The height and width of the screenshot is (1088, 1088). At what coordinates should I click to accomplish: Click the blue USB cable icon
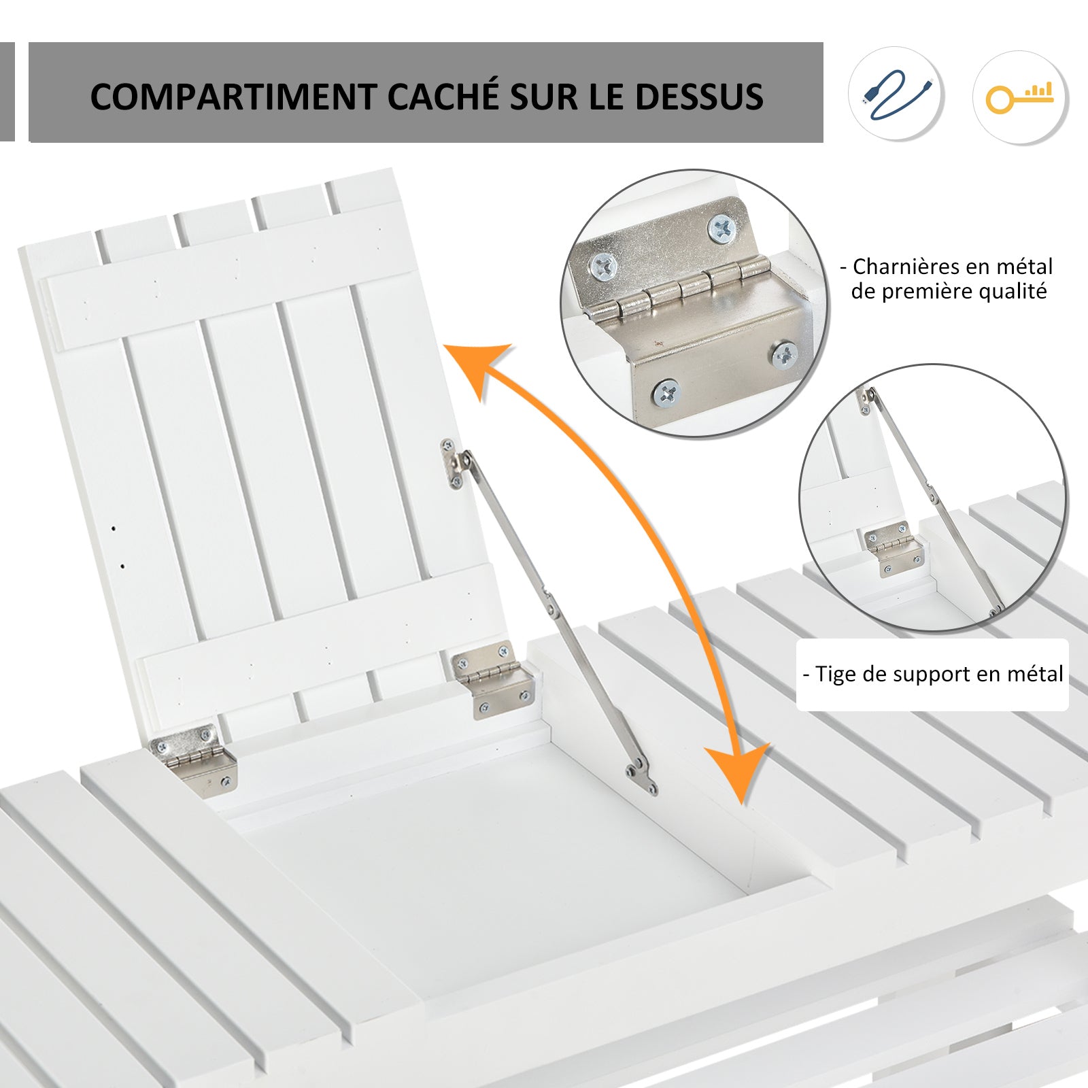coord(897,95)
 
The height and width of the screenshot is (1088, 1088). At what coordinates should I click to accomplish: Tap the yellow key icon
coord(1019,97)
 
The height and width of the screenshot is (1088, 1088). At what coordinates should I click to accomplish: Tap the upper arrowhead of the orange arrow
coord(479,368)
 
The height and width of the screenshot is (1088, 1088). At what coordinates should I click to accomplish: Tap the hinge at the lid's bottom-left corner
coord(194,758)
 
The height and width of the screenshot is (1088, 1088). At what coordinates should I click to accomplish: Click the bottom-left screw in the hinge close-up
coord(666,392)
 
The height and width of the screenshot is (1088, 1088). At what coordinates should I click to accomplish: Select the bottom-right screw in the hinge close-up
coord(785,354)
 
